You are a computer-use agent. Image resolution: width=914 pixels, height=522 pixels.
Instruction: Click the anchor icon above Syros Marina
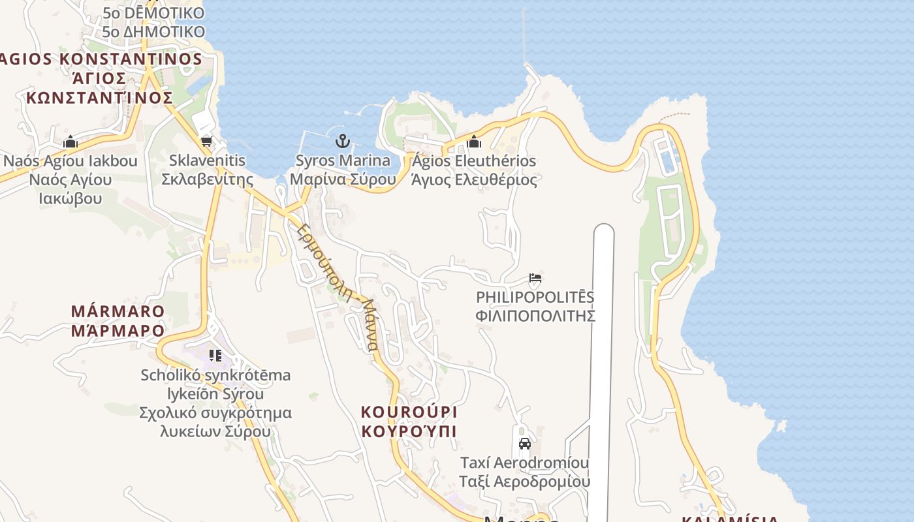[x=343, y=140]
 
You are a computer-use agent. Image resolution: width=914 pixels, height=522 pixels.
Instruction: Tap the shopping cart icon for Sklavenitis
[x=206, y=141]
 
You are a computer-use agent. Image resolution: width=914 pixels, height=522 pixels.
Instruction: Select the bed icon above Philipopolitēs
[x=535, y=278]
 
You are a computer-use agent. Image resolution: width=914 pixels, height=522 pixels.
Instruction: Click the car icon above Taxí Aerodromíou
[x=524, y=444]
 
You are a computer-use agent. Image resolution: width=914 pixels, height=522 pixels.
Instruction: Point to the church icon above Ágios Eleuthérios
[x=474, y=141]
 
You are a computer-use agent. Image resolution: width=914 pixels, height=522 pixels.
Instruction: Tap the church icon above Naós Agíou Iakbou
[x=71, y=142]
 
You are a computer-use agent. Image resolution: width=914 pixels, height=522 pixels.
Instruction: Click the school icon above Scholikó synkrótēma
[x=215, y=356]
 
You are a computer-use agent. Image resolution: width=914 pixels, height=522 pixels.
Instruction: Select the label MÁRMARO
[x=118, y=311]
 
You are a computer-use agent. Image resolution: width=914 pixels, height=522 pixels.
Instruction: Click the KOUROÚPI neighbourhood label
[x=409, y=412]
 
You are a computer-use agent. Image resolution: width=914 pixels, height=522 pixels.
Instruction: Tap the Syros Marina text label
[x=343, y=161]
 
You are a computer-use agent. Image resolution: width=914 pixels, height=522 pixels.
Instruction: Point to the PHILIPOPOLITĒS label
[x=535, y=298]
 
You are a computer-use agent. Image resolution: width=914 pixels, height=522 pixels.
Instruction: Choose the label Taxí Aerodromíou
[x=524, y=463]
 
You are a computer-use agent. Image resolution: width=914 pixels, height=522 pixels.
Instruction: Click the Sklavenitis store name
[x=207, y=161]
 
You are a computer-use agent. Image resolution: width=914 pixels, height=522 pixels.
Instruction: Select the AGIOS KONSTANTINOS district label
[x=101, y=59]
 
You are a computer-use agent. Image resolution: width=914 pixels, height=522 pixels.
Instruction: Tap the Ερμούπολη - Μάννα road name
[x=337, y=287]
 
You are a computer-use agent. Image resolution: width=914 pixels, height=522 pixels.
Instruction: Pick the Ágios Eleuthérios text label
[x=474, y=161]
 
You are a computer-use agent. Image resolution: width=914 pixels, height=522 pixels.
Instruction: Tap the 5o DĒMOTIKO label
[x=153, y=13]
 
